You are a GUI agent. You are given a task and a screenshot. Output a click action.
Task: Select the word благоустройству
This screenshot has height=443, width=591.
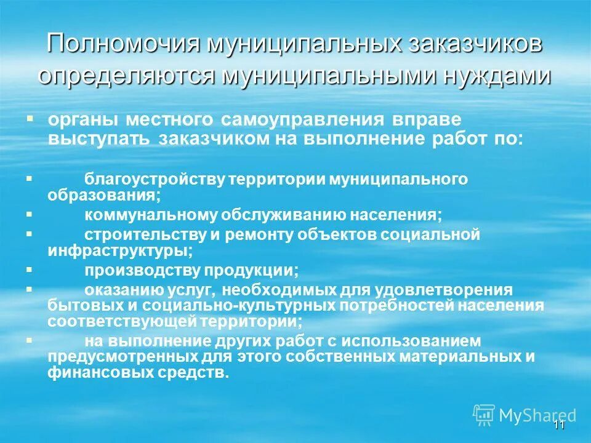pyautogui.click(x=154, y=179)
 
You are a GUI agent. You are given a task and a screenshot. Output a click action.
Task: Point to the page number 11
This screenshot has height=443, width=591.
pyautogui.click(x=558, y=426)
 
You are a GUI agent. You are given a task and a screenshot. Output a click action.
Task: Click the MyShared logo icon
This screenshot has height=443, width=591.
pyautogui.click(x=484, y=415)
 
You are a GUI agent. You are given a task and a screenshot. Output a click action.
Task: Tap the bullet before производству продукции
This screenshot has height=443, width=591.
pyautogui.click(x=29, y=269)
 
